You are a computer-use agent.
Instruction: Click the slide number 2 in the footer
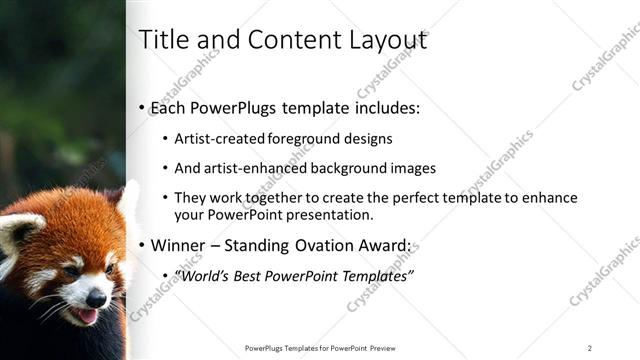pos(590,348)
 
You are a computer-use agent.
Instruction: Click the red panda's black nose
pos(96,297)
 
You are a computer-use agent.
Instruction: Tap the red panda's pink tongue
pos(87,316)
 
